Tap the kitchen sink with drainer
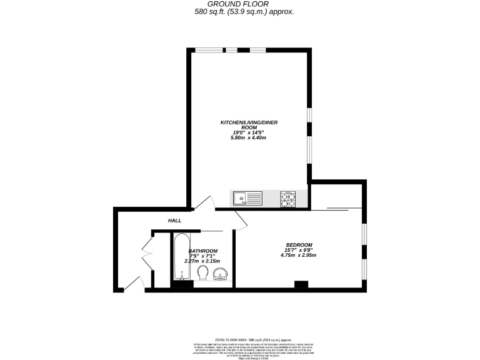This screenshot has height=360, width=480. tap(248, 199)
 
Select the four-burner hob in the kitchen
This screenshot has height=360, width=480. tap(287, 199)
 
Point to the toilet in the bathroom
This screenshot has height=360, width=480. tap(202, 273)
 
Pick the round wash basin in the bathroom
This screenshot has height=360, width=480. tap(220, 274)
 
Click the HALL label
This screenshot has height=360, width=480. tap(174, 221)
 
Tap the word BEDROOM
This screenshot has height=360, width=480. tap(299, 244)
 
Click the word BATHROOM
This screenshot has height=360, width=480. tap(203, 251)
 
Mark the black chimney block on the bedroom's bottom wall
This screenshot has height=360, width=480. tap(301, 285)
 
